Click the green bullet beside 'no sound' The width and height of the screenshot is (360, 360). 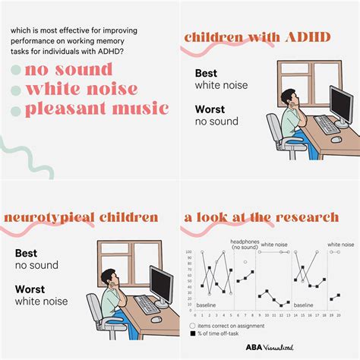point(17,71)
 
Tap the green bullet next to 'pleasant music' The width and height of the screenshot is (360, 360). point(17,109)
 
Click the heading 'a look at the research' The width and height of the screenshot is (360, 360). point(261,217)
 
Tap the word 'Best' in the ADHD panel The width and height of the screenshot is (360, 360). point(206,73)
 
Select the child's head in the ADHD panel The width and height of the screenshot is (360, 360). point(289,98)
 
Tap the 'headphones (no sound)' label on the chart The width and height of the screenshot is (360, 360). point(244,245)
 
